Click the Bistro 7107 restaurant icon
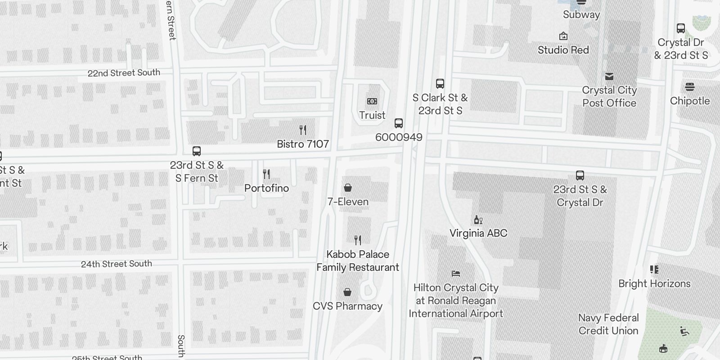click(x=303, y=130)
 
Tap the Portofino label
click(x=266, y=188)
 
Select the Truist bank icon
click(x=372, y=101)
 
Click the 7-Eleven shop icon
click(x=348, y=188)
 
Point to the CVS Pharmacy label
click(x=347, y=306)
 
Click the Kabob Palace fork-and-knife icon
click(x=358, y=240)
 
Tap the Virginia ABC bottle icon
click(x=478, y=220)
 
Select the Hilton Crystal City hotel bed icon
click(x=456, y=273)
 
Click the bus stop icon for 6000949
click(x=399, y=123)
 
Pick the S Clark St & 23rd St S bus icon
click(x=440, y=84)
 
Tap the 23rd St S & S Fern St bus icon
click(x=197, y=151)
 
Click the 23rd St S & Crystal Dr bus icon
click(x=580, y=175)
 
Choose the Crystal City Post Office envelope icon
click(x=609, y=76)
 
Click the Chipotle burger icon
click(x=690, y=87)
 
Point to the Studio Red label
click(x=563, y=50)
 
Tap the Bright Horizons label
click(x=654, y=283)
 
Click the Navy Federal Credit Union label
click(x=608, y=324)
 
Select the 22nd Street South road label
click(x=124, y=73)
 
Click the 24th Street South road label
click(x=117, y=264)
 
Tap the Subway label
click(x=581, y=14)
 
